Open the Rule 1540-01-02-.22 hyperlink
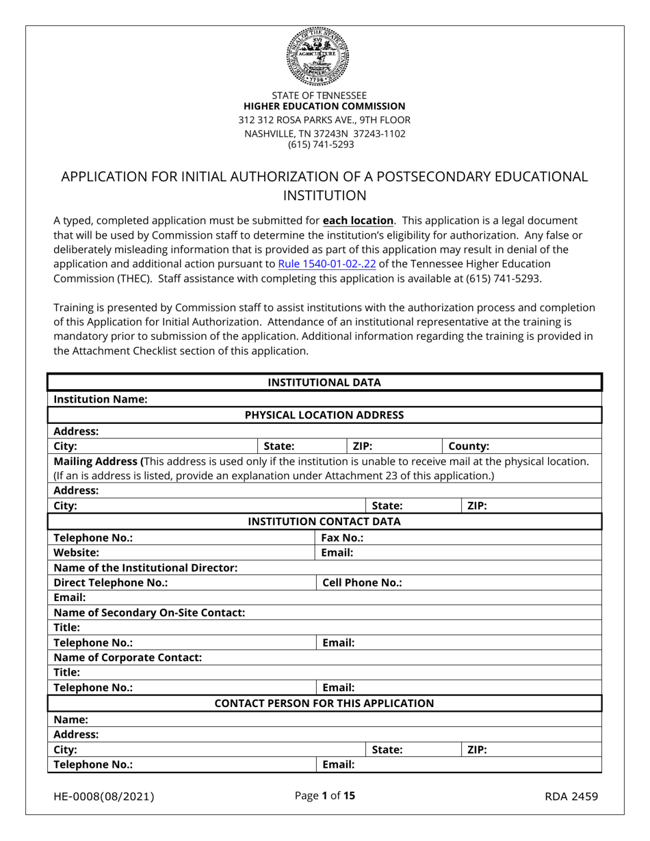tap(327, 263)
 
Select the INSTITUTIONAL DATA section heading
tap(324, 382)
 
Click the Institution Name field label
tap(101, 399)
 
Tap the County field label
tap(469, 446)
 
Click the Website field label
tap(76, 552)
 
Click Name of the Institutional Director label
tap(146, 568)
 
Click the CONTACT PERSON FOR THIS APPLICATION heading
tap(324, 703)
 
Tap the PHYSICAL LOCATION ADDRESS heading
tap(324, 415)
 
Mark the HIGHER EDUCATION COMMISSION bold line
tap(324, 107)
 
